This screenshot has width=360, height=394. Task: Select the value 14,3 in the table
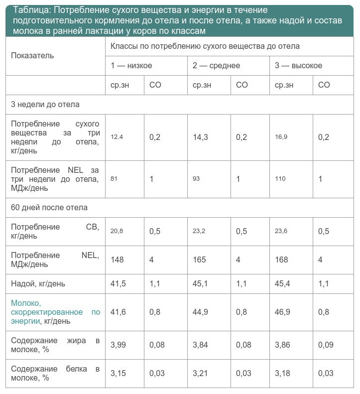(200, 137)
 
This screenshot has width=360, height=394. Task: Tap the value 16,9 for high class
(281, 137)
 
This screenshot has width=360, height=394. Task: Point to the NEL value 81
(114, 178)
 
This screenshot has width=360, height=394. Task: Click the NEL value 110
(281, 178)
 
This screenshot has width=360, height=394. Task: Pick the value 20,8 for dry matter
(117, 231)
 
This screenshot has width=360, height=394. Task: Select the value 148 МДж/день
(117, 260)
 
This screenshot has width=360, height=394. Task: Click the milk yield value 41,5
(118, 284)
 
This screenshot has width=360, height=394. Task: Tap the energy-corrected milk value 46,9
(283, 312)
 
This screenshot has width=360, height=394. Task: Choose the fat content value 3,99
(118, 345)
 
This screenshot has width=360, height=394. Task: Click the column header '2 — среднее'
(217, 66)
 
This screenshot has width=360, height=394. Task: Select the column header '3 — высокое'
(299, 66)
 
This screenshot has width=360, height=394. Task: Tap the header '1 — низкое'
(131, 66)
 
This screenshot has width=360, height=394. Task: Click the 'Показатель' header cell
(32, 56)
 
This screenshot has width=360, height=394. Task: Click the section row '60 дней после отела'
(49, 207)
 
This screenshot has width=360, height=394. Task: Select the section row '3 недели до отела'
(45, 105)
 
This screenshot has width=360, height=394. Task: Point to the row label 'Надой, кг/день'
(38, 284)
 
